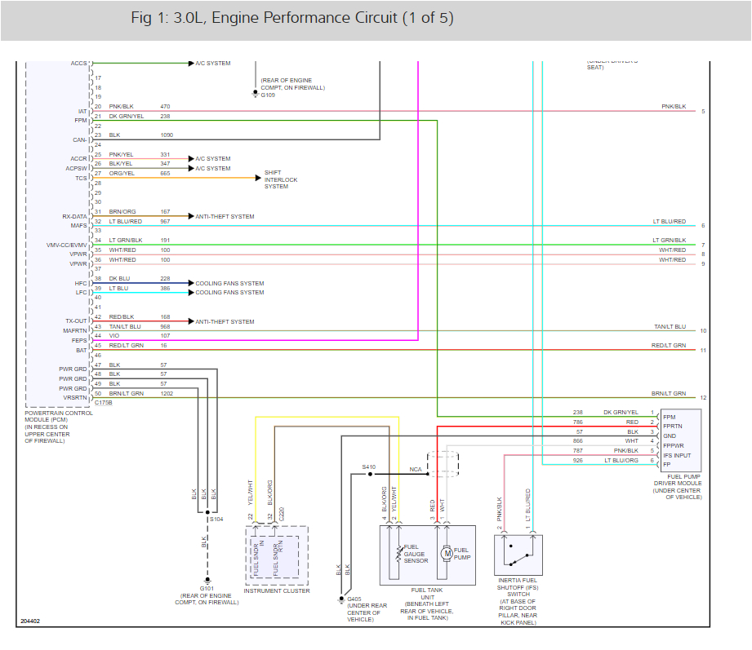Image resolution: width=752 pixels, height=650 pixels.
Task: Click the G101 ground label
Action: click(x=207, y=588)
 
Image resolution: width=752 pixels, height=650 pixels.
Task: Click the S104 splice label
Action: click(x=216, y=519)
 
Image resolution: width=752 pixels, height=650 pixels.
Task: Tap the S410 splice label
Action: click(x=369, y=467)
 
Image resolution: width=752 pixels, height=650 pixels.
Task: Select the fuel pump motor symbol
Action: click(x=447, y=554)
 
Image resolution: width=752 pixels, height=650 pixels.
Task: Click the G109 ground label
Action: click(x=269, y=95)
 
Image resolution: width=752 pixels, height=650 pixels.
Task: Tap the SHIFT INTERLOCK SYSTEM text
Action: click(x=281, y=179)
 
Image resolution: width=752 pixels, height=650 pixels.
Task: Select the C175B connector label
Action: click(x=105, y=402)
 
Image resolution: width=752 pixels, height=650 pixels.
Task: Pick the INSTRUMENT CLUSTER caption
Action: click(x=276, y=590)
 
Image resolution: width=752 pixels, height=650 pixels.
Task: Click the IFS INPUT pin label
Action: click(x=677, y=455)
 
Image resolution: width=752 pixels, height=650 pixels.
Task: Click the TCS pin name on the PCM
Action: click(x=81, y=178)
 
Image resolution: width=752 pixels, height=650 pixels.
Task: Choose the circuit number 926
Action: click(x=578, y=461)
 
